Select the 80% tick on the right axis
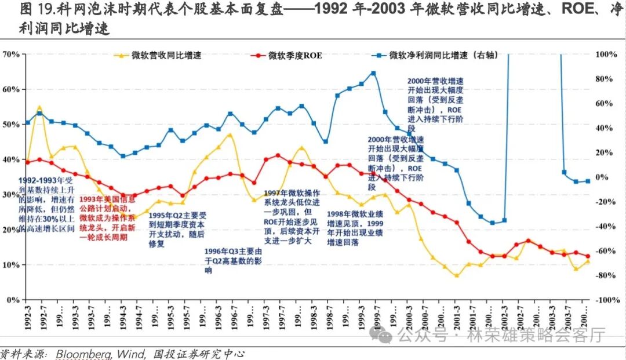pos(609,79)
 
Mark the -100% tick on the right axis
pos(607,300)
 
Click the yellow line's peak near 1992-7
pos(39,107)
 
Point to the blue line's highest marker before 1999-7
pos(373,74)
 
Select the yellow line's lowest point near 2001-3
pos(457,275)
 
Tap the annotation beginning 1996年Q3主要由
pos(233,261)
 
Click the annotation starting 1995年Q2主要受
pos(177,229)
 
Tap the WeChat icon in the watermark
pos(383,334)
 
